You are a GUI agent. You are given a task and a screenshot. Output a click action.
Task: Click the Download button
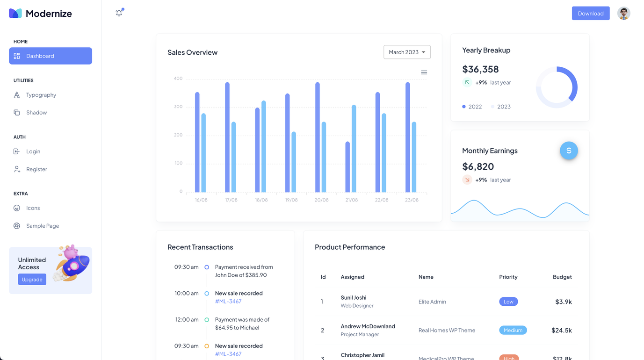click(x=590, y=14)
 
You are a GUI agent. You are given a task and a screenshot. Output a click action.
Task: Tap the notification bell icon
click(x=119, y=13)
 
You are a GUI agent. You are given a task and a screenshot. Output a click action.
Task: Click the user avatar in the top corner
click(x=623, y=13)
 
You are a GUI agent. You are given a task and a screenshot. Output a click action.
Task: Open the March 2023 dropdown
click(x=407, y=52)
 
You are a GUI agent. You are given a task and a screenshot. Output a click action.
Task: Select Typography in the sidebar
click(x=41, y=95)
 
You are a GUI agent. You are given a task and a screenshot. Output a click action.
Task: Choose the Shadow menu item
click(x=36, y=113)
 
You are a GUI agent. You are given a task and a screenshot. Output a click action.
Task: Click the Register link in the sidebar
click(x=36, y=169)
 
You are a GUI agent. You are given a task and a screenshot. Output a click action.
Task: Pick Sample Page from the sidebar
click(x=43, y=226)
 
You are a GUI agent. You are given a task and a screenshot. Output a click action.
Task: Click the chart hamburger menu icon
click(x=424, y=72)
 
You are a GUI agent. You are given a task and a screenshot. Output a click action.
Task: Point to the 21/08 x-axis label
click(x=351, y=200)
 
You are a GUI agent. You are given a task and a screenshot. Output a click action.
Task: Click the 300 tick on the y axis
click(x=178, y=107)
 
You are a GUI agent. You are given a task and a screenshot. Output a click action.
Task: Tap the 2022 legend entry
click(x=472, y=107)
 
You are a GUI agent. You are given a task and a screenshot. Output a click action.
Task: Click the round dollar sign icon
click(x=569, y=151)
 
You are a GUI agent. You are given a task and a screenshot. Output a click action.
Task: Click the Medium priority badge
click(x=513, y=330)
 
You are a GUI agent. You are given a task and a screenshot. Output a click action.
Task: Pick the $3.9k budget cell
click(x=563, y=302)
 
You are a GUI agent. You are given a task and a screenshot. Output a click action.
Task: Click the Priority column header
click(x=508, y=277)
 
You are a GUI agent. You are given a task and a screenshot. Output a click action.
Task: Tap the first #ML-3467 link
click(x=228, y=302)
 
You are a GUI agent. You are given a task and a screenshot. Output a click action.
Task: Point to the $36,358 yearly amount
click(x=480, y=69)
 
